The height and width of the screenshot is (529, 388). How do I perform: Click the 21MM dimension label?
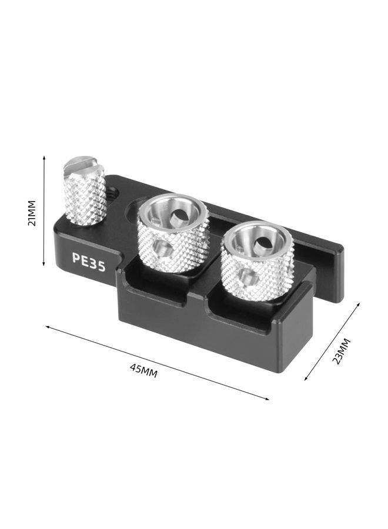coord(32,213)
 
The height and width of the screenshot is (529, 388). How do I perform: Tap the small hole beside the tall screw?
coord(112,190)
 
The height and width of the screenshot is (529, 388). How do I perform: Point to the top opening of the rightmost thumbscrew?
coord(257,241)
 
